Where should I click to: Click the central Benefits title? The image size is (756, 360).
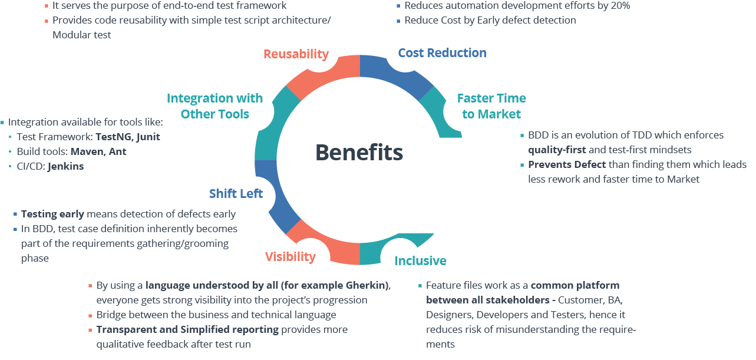pyautogui.click(x=359, y=152)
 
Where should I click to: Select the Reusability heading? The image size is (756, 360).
pyautogui.click(x=295, y=54)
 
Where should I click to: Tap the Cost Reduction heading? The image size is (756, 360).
pyautogui.click(x=442, y=53)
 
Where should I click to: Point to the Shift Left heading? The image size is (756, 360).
pyautogui.click(x=236, y=194)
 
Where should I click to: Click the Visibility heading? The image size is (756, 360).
pyautogui.click(x=290, y=256)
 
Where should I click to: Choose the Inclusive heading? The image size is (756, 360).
pyautogui.click(x=420, y=260)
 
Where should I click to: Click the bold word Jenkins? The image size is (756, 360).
pyautogui.click(x=65, y=166)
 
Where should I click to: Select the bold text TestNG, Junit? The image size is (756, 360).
pyautogui.click(x=128, y=137)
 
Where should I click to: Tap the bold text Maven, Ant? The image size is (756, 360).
pyautogui.click(x=98, y=151)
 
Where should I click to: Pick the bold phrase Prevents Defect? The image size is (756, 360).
pyautogui.click(x=567, y=164)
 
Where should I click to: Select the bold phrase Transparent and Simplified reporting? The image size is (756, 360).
pyautogui.click(x=187, y=329)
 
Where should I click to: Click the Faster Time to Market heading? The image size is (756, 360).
pyautogui.click(x=491, y=106)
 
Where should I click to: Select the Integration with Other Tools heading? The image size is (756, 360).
pyautogui.click(x=214, y=106)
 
